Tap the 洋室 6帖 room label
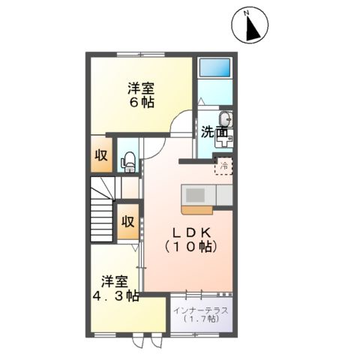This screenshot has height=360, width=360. [140, 94]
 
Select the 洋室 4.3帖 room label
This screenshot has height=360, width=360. [115, 288]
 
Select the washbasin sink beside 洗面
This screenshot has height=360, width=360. [226, 120]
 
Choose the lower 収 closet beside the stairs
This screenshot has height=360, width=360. [128, 222]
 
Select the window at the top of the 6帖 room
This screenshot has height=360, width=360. [139, 53]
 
